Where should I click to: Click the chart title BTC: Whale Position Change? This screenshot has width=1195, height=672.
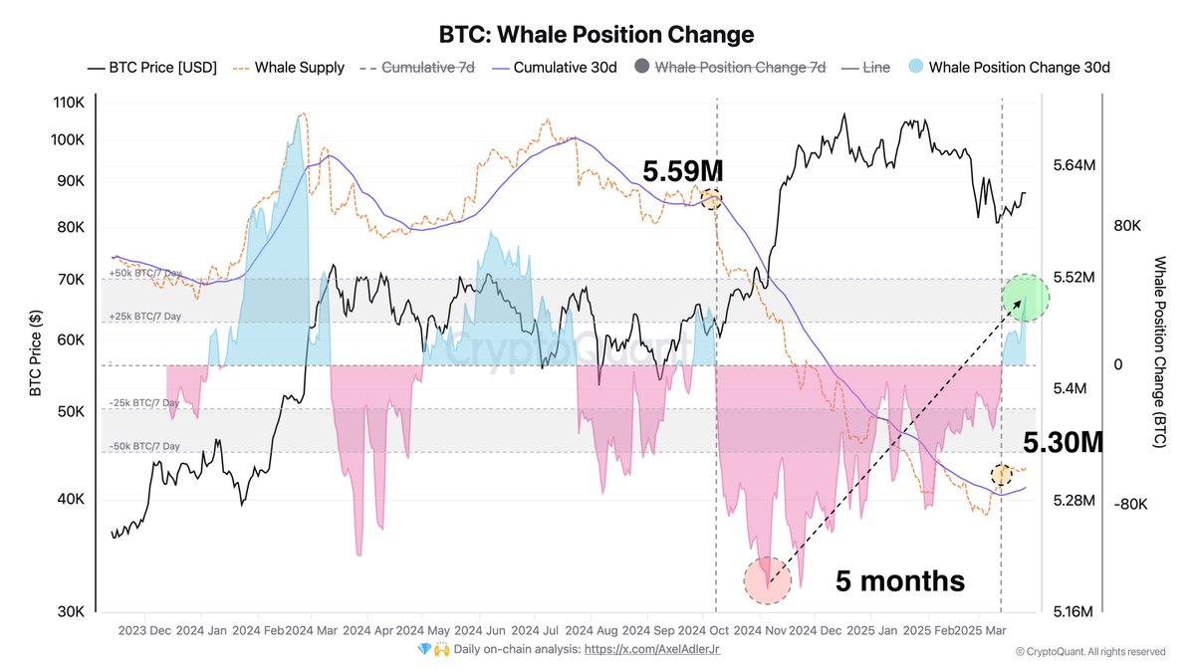pos(597,34)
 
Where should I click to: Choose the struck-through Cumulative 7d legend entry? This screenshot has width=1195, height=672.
pos(428,68)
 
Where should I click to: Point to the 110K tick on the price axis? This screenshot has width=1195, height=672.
pos(70,103)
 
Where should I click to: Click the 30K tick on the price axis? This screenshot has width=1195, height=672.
pos(73,610)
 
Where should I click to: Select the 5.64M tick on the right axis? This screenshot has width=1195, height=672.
pos(1074,164)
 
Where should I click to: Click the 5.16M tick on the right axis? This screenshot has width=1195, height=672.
pos(1074,610)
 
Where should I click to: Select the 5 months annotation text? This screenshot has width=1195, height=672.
pos(900,580)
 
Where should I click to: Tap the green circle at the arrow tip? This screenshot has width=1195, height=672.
pos(1024,297)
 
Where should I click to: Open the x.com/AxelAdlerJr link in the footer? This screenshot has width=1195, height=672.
pos(651,650)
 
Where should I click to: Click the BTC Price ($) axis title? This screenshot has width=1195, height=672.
pos(36,353)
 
